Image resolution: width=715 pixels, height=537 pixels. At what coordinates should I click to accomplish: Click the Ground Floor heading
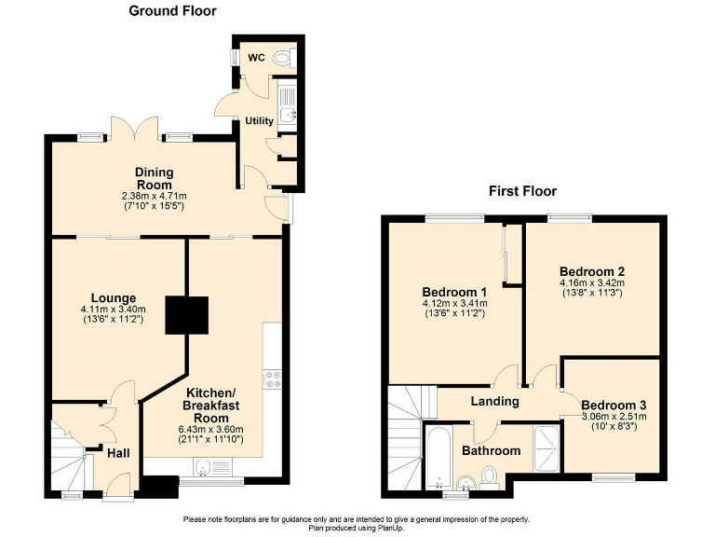pyautogui.click(x=172, y=11)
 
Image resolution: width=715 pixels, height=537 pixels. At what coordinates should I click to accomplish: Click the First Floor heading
pyautogui.click(x=522, y=191)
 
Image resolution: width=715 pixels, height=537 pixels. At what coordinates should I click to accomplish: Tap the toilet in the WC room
pyautogui.click(x=283, y=58)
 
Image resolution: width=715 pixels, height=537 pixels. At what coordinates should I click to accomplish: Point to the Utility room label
pyautogui.click(x=259, y=121)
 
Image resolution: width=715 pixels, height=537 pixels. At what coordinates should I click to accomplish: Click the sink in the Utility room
pyautogui.click(x=288, y=116)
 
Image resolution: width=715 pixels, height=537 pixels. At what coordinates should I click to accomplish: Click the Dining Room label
pyautogui.click(x=154, y=178)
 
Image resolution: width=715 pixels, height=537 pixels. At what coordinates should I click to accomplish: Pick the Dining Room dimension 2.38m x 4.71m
pyautogui.click(x=154, y=196)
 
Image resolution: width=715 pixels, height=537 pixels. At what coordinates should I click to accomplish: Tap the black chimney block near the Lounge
pyautogui.click(x=186, y=315)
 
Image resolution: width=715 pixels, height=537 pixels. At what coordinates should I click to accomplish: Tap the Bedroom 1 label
pyautogui.click(x=454, y=290)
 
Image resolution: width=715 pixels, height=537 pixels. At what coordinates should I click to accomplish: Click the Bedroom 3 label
pyautogui.click(x=613, y=406)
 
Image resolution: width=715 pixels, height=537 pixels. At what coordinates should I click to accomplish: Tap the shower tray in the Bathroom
pyautogui.click(x=547, y=448)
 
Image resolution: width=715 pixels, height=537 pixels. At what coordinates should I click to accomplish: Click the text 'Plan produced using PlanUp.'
pyautogui.click(x=357, y=528)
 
